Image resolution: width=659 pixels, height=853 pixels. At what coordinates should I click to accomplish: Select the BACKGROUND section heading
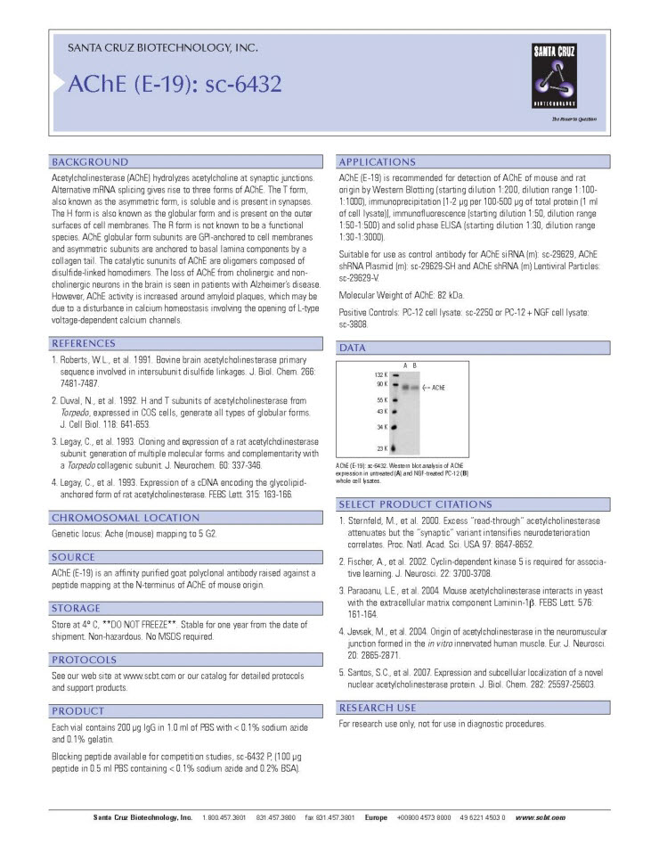click(x=90, y=162)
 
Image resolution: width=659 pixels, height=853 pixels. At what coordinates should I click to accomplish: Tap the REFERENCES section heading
click(x=84, y=343)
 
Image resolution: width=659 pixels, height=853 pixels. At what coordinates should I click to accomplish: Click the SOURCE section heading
click(x=73, y=556)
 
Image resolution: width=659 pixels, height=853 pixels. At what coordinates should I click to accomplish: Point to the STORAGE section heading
click(x=76, y=608)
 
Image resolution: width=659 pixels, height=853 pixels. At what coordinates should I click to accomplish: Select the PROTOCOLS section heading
click(x=84, y=660)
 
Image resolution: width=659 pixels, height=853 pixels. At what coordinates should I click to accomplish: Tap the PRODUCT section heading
click(x=78, y=711)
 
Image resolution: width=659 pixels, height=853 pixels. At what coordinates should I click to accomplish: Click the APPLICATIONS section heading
click(x=378, y=162)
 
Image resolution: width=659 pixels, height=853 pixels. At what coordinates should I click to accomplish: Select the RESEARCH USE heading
click(x=377, y=708)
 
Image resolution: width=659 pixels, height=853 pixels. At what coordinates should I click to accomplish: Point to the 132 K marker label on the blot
click(x=380, y=374)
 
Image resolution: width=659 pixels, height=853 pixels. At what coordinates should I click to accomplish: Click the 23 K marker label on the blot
click(x=382, y=447)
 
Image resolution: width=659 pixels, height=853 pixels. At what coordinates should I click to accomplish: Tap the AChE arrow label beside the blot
click(x=433, y=388)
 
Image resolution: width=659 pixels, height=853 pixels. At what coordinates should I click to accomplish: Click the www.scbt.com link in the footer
click(x=541, y=817)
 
